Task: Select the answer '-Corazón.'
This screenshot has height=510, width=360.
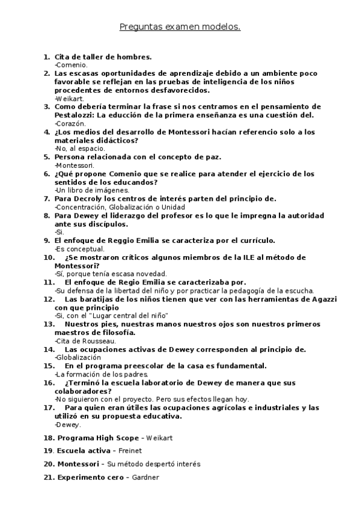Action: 71,123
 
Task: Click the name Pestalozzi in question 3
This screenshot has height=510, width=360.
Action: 75,115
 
